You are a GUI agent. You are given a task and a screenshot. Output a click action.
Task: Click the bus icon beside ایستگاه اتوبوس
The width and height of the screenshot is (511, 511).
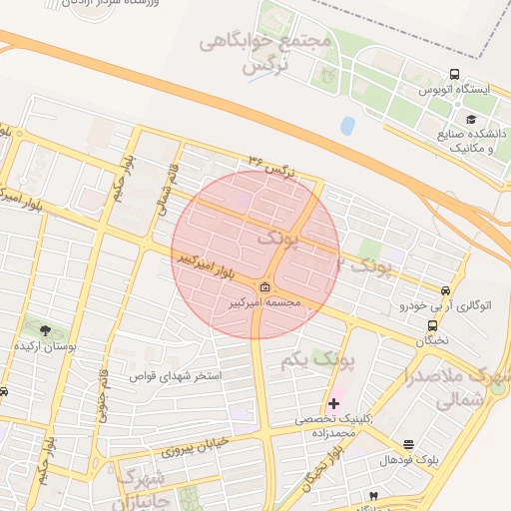(x=455, y=74)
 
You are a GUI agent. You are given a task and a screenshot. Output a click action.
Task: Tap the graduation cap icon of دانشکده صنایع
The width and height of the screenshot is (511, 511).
(x=413, y=119)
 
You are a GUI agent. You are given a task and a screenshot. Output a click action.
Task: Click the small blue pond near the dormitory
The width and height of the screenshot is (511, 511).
(x=347, y=127)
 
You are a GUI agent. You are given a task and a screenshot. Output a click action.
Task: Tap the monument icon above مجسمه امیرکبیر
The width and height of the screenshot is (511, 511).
(x=263, y=287)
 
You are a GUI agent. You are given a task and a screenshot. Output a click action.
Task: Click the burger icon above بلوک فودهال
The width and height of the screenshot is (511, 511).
(x=408, y=444)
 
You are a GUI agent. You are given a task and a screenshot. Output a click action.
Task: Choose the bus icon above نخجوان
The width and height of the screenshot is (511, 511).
(x=432, y=324)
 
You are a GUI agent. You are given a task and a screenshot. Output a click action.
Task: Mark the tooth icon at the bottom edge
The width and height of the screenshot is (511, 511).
(x=373, y=496)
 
